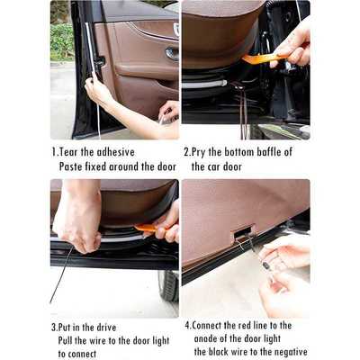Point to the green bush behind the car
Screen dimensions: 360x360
(62, 41)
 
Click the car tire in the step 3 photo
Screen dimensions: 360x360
(169, 285)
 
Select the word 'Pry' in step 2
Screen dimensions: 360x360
(202, 152)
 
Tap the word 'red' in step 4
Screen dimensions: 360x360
(255, 325)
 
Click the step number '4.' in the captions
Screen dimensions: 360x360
(188, 325)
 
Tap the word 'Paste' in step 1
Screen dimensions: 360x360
(73, 166)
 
